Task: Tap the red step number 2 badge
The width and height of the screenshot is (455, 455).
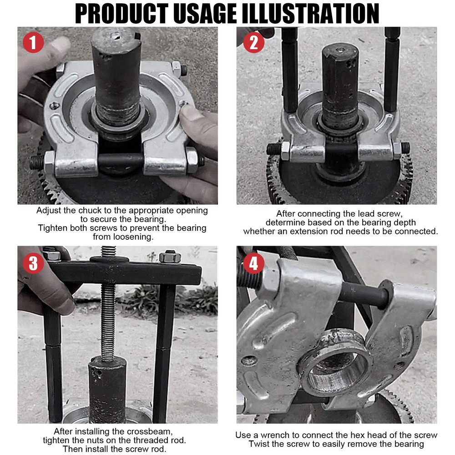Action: pyautogui.click(x=253, y=43)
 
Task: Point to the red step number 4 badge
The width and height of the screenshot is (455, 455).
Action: pyautogui.click(x=253, y=263)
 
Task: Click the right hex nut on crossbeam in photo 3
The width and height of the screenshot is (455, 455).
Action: pyautogui.click(x=170, y=257)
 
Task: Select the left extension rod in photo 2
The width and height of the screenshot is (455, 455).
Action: pyautogui.click(x=289, y=68)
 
